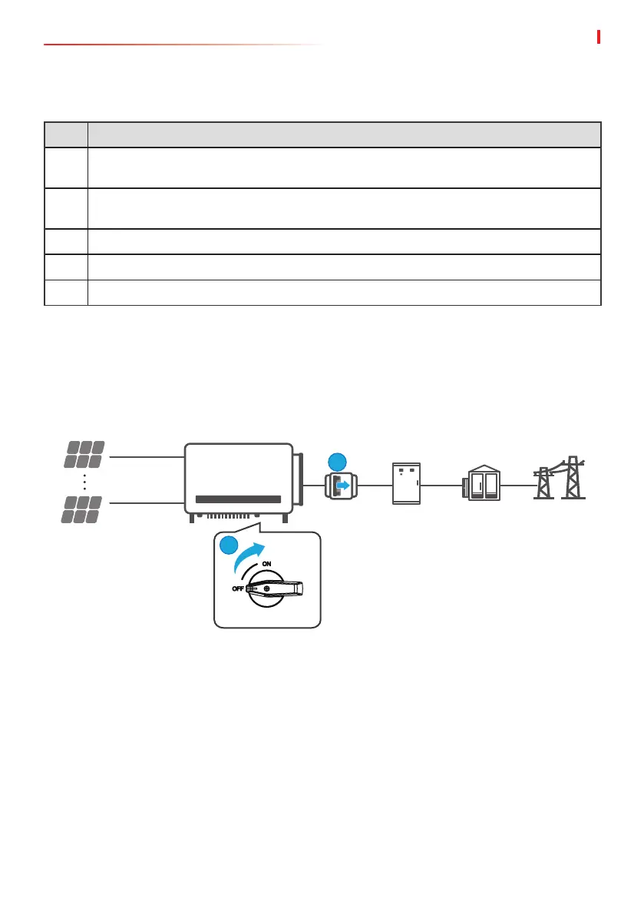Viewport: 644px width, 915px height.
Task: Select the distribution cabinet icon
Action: pos(407,484)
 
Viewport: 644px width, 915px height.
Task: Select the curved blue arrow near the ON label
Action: pos(249,555)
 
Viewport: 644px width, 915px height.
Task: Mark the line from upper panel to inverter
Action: pos(146,457)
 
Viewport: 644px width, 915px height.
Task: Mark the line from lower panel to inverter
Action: pos(146,503)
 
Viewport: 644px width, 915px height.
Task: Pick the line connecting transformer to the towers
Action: pos(518,486)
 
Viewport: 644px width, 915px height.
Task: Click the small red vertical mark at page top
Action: pos(598,37)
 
